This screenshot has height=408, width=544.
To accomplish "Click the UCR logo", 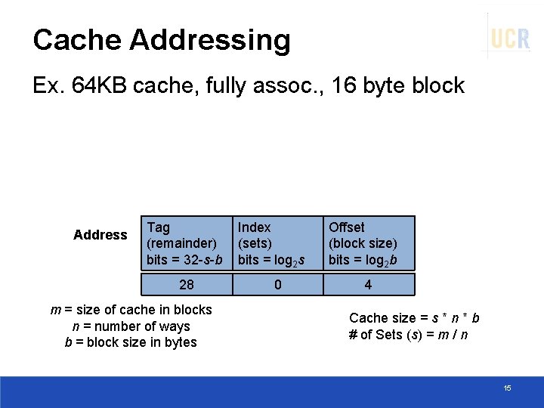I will point(510,37).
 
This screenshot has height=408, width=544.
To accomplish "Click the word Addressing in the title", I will point(214,40).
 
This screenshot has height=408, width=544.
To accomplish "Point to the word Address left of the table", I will point(100,235).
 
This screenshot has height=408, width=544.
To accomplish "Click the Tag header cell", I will point(185,243).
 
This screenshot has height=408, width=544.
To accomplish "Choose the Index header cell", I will point(277,243).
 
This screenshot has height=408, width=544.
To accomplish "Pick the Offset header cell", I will point(368,243).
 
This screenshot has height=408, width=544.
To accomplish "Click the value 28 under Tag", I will point(186,285).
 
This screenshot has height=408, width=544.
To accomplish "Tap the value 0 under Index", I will point(278,285).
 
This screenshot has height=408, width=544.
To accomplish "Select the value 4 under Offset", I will point(368,285).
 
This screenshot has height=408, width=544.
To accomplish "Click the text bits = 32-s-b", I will point(185,260).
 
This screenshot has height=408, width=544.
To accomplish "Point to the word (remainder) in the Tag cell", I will point(181,243).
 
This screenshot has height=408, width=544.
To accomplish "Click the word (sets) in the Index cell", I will point(255,243).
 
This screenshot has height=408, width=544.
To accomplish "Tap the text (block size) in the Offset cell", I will point(363,243).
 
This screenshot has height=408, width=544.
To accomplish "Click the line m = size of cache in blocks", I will point(131,309).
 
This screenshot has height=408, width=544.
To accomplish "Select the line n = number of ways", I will point(131,326).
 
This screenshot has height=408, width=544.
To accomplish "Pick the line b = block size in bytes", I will point(131,342).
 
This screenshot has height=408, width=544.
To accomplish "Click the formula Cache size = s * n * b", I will point(414,318).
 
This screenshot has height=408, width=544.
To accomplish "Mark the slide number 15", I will point(507,388).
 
